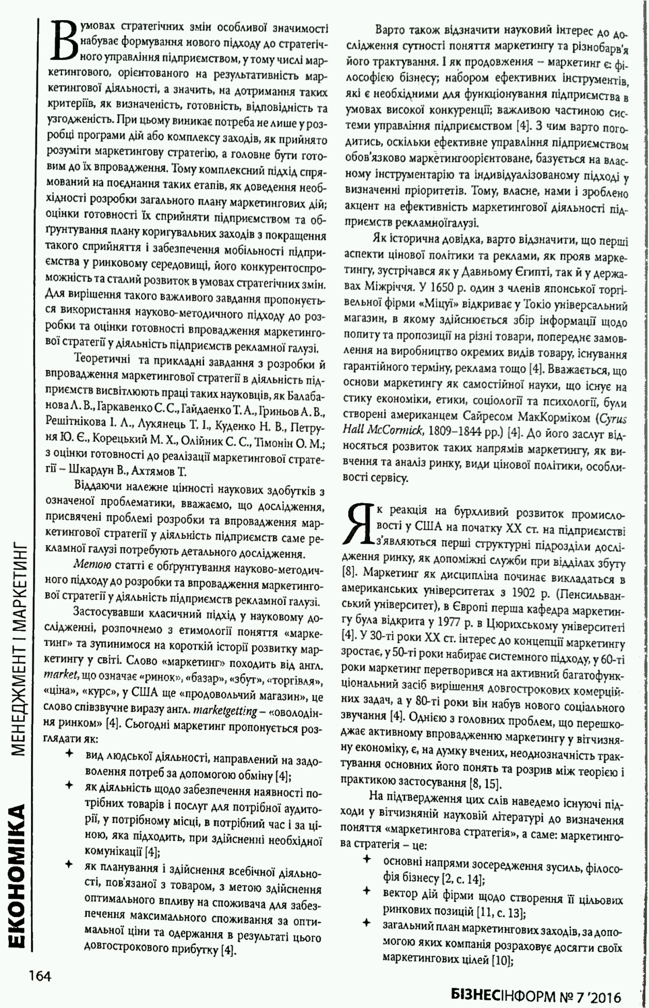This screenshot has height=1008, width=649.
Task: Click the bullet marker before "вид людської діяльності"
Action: [x=68, y=754]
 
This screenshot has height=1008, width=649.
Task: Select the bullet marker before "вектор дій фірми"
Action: [x=367, y=890]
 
